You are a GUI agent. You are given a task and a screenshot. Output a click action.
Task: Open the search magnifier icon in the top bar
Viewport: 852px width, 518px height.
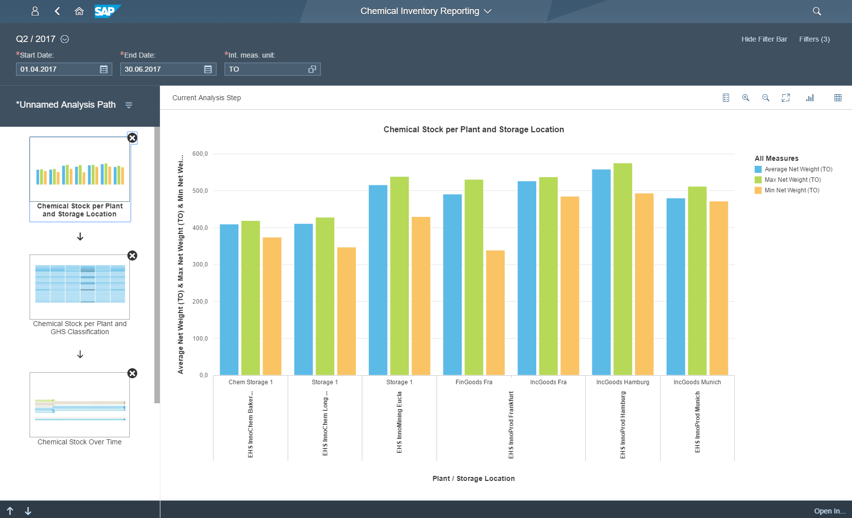tap(817, 11)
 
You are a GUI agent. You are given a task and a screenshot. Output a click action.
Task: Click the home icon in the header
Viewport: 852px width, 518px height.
tap(79, 11)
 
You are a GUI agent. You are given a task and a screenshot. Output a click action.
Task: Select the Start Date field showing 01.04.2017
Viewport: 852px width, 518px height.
tap(58, 69)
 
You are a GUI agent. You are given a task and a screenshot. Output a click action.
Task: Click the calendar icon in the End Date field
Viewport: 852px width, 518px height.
tap(208, 69)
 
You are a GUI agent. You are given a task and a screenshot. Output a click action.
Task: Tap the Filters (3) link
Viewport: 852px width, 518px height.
tap(814, 39)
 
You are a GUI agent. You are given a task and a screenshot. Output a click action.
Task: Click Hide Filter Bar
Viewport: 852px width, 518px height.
tap(764, 39)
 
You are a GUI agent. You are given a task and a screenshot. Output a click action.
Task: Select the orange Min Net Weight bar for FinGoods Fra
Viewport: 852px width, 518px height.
tap(495, 313)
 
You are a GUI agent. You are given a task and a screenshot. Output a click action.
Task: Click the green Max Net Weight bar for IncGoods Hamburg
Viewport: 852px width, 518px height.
tap(622, 271)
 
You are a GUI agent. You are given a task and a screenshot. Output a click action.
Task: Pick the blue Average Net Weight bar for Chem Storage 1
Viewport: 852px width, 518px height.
tap(229, 301)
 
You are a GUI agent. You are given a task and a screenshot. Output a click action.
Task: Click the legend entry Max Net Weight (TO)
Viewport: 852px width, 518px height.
tap(792, 180)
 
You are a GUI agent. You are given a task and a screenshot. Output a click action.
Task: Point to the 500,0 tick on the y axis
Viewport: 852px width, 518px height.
tap(200, 191)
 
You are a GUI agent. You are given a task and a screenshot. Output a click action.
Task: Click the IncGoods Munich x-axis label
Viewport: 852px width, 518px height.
tap(697, 382)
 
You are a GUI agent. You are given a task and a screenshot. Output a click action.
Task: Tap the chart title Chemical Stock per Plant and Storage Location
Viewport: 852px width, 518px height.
tap(474, 129)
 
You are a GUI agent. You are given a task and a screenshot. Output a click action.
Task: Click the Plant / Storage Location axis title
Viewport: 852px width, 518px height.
tap(474, 478)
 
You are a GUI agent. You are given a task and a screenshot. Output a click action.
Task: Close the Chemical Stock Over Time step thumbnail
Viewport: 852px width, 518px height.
tap(132, 373)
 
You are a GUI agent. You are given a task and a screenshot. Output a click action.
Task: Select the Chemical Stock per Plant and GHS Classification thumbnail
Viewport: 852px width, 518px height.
tap(80, 287)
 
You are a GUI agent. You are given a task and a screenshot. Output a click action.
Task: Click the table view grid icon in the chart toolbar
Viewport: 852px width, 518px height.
tap(838, 98)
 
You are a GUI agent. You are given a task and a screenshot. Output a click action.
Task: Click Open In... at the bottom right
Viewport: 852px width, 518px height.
tap(829, 511)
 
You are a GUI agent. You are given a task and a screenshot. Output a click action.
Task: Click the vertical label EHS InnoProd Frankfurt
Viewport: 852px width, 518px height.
tap(511, 425)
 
